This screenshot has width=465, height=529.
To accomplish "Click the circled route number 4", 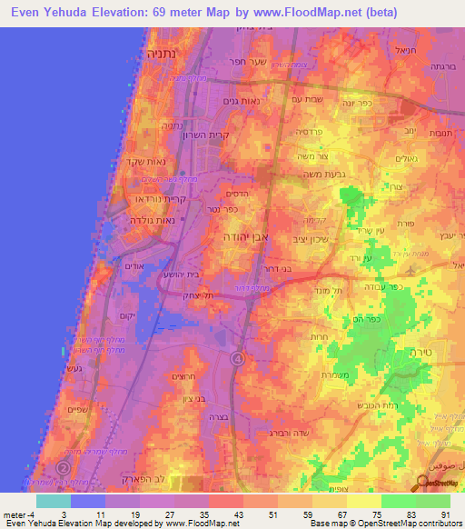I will [237, 360].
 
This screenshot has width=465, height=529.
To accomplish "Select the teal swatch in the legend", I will [53, 501].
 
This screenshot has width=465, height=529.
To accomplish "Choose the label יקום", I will [128, 315].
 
